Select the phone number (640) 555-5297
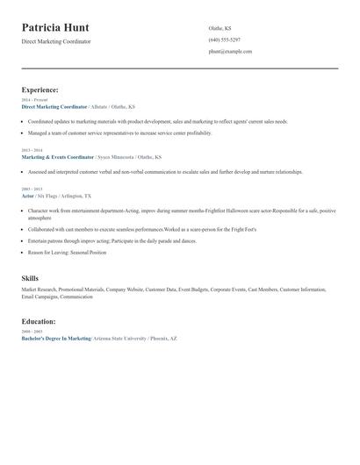click(x=224, y=39)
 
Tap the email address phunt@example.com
click(x=230, y=52)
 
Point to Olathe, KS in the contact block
click(x=220, y=28)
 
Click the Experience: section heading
click(x=40, y=89)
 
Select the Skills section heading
click(x=30, y=278)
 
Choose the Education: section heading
click(x=39, y=322)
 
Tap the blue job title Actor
click(x=28, y=197)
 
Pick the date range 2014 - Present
click(x=35, y=100)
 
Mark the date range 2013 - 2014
click(x=32, y=150)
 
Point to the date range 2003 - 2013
click(x=32, y=190)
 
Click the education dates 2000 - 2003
click(x=32, y=332)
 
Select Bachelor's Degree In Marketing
click(x=56, y=338)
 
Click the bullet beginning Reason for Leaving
click(x=67, y=252)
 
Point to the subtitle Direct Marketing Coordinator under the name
click(x=56, y=41)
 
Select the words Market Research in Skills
click(x=40, y=290)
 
